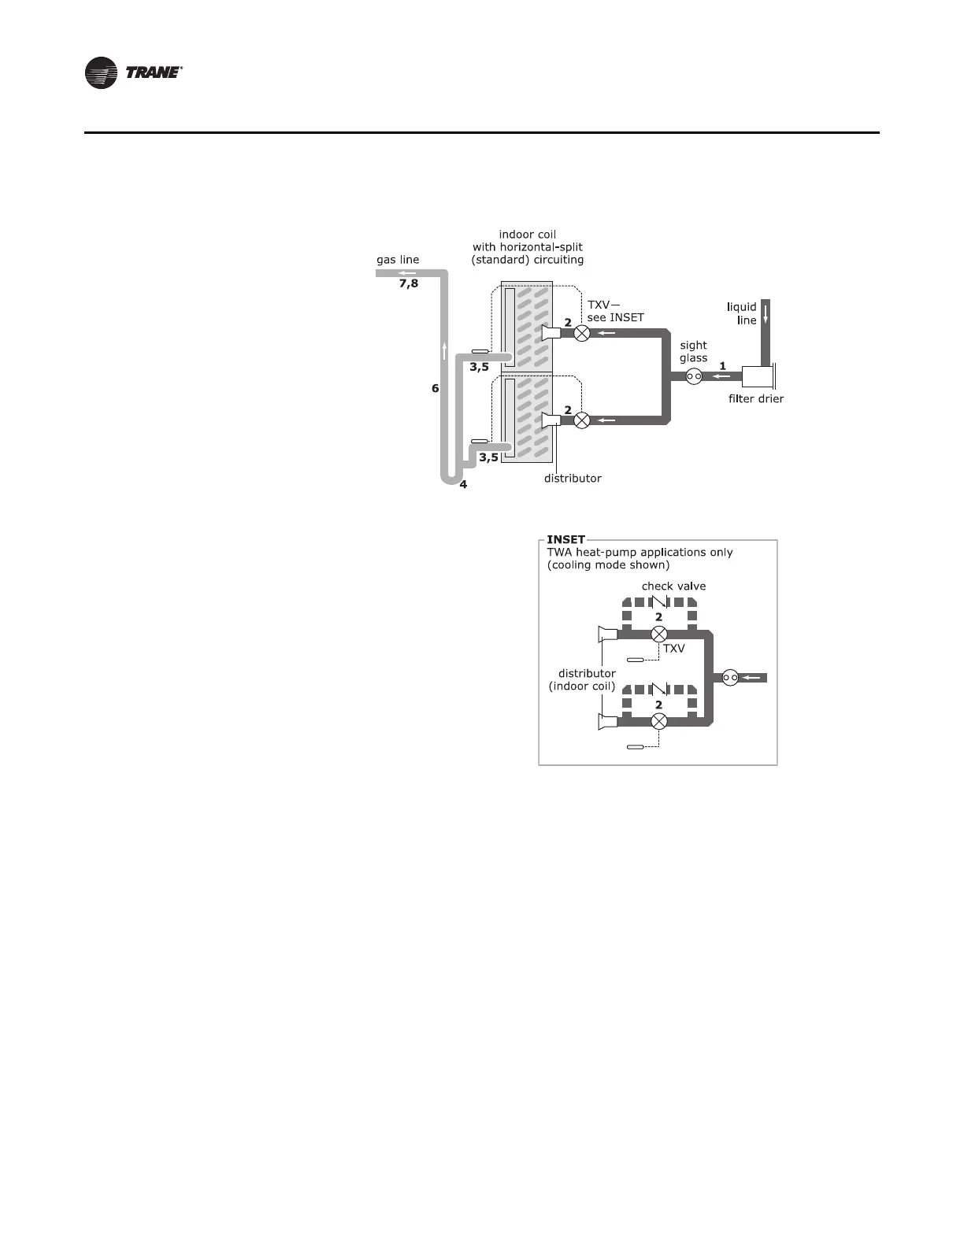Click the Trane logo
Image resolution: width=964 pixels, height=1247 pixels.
click(x=134, y=73)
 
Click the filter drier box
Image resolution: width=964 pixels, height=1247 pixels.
click(x=758, y=376)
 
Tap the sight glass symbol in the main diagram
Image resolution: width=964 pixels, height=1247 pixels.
click(x=694, y=377)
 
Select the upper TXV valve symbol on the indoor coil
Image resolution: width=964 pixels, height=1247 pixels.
click(x=581, y=333)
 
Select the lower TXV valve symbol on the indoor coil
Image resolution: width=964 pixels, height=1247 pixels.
click(x=581, y=420)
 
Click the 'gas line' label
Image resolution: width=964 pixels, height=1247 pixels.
click(x=398, y=260)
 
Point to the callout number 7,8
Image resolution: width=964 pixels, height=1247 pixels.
click(x=409, y=283)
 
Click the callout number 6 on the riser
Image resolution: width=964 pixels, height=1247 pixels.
click(x=435, y=388)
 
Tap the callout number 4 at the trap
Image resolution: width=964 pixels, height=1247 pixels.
click(x=463, y=485)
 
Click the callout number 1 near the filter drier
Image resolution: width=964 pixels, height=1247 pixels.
click(x=722, y=366)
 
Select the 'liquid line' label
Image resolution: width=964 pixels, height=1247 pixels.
click(x=742, y=313)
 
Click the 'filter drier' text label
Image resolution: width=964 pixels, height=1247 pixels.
click(x=756, y=399)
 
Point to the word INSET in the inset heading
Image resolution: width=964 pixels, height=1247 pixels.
click(x=565, y=540)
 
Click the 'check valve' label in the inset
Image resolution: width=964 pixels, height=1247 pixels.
click(x=673, y=586)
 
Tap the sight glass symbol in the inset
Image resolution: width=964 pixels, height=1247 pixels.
click(x=730, y=677)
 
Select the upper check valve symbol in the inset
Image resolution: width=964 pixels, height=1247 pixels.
click(x=659, y=603)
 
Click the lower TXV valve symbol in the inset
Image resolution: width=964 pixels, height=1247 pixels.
click(x=659, y=720)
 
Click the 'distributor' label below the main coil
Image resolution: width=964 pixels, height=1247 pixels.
click(x=573, y=479)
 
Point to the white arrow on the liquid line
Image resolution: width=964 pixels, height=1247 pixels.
click(x=764, y=313)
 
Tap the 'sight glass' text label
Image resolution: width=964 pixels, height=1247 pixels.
click(x=693, y=351)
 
